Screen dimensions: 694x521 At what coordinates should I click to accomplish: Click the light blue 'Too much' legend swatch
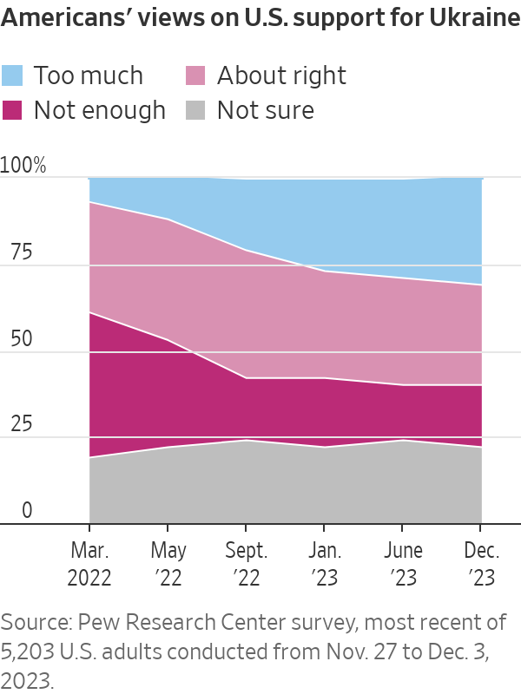click(x=13, y=75)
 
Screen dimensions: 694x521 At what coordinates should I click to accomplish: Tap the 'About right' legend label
click(x=281, y=75)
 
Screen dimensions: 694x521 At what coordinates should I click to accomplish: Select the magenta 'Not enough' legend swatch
click(x=13, y=110)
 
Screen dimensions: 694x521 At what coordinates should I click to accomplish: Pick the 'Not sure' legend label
click(x=265, y=110)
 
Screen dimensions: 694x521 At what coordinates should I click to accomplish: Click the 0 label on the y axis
click(x=27, y=511)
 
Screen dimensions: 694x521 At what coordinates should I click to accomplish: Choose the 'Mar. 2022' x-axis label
click(x=89, y=565)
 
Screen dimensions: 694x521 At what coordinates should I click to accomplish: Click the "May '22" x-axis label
click(x=168, y=565)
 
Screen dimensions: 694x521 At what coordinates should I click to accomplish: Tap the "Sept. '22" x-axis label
click(x=246, y=565)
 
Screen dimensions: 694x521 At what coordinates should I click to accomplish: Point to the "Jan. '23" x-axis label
click(x=324, y=565)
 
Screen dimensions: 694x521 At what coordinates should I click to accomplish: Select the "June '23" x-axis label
click(x=402, y=565)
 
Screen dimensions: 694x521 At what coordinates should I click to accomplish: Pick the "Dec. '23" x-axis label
click(x=480, y=565)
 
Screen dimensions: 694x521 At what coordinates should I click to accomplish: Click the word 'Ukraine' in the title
click(x=470, y=19)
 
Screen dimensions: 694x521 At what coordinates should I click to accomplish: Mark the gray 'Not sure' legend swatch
click(x=197, y=110)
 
